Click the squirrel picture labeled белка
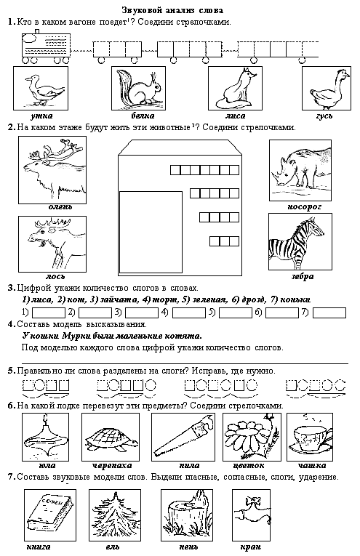click(138, 88)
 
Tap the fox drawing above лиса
click(235, 88)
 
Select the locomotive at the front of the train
click(46, 47)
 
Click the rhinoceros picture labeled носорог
click(300, 170)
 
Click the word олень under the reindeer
click(60, 206)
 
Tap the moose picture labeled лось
click(52, 244)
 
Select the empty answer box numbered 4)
click(189, 313)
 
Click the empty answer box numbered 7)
click(329, 313)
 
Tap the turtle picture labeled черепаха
click(111, 437)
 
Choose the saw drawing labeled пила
click(183, 437)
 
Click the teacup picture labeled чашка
click(310, 437)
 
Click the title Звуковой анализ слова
click(172, 10)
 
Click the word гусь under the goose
click(324, 116)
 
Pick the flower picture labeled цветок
click(249, 437)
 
